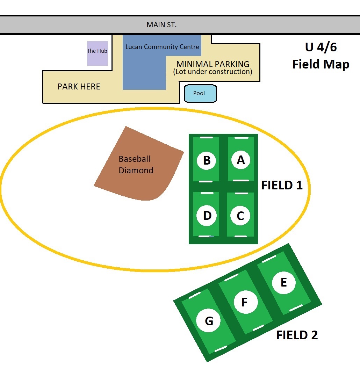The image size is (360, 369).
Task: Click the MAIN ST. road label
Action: click(161, 25)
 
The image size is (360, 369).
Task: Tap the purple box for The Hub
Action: click(97, 53)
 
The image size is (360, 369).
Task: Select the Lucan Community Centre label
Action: click(162, 46)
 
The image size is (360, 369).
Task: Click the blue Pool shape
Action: click(200, 94)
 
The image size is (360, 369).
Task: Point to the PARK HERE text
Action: click(79, 87)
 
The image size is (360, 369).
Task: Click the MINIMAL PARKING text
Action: click(213, 64)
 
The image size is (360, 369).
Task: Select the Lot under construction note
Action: click(213, 72)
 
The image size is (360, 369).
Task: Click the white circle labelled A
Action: click(241, 160)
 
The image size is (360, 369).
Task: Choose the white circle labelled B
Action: click(207, 160)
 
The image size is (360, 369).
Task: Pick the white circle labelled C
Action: click(240, 216)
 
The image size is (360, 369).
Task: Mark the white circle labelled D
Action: click(207, 216)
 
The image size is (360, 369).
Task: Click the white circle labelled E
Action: click(283, 282)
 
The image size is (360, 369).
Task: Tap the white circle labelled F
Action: click(245, 302)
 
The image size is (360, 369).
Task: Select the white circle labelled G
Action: click(209, 321)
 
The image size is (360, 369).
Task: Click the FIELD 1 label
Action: click(282, 185)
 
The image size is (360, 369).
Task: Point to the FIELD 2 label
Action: click(297, 335)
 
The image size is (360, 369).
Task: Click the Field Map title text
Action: click(321, 64)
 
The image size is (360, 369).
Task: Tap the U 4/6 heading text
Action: click(321, 47)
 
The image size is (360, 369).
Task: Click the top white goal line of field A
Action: click(241, 138)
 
